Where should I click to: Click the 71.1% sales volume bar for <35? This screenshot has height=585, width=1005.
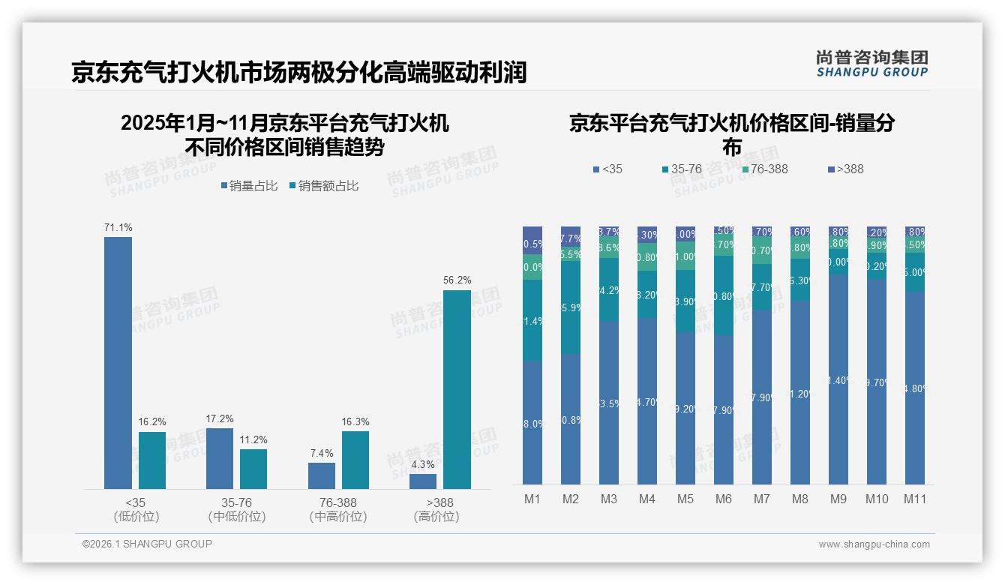point(118,363)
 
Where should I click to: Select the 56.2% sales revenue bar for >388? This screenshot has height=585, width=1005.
point(457,389)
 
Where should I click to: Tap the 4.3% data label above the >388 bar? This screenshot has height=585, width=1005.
point(423,464)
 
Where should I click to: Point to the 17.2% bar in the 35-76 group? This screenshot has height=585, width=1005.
point(219,458)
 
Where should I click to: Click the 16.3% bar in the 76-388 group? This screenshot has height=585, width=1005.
point(355,460)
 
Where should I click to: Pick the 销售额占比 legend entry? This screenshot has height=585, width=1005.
point(323,186)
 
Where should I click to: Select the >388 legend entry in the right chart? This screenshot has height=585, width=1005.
point(846,169)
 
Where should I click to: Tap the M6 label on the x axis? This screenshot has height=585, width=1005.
point(724,499)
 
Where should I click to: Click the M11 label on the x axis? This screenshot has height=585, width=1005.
point(915,499)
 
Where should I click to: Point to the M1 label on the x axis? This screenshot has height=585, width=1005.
point(532,499)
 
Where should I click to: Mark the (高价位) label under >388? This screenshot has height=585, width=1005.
point(436,517)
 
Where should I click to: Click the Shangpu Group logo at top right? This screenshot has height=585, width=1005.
point(871,64)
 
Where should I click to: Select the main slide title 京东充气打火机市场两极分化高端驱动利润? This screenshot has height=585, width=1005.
point(298,72)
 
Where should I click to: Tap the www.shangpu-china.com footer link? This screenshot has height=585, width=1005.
point(874,544)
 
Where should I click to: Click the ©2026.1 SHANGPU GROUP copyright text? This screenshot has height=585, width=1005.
point(147,544)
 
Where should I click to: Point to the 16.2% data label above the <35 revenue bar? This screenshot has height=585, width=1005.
point(152,422)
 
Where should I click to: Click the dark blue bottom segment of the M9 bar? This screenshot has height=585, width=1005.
point(838,379)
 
